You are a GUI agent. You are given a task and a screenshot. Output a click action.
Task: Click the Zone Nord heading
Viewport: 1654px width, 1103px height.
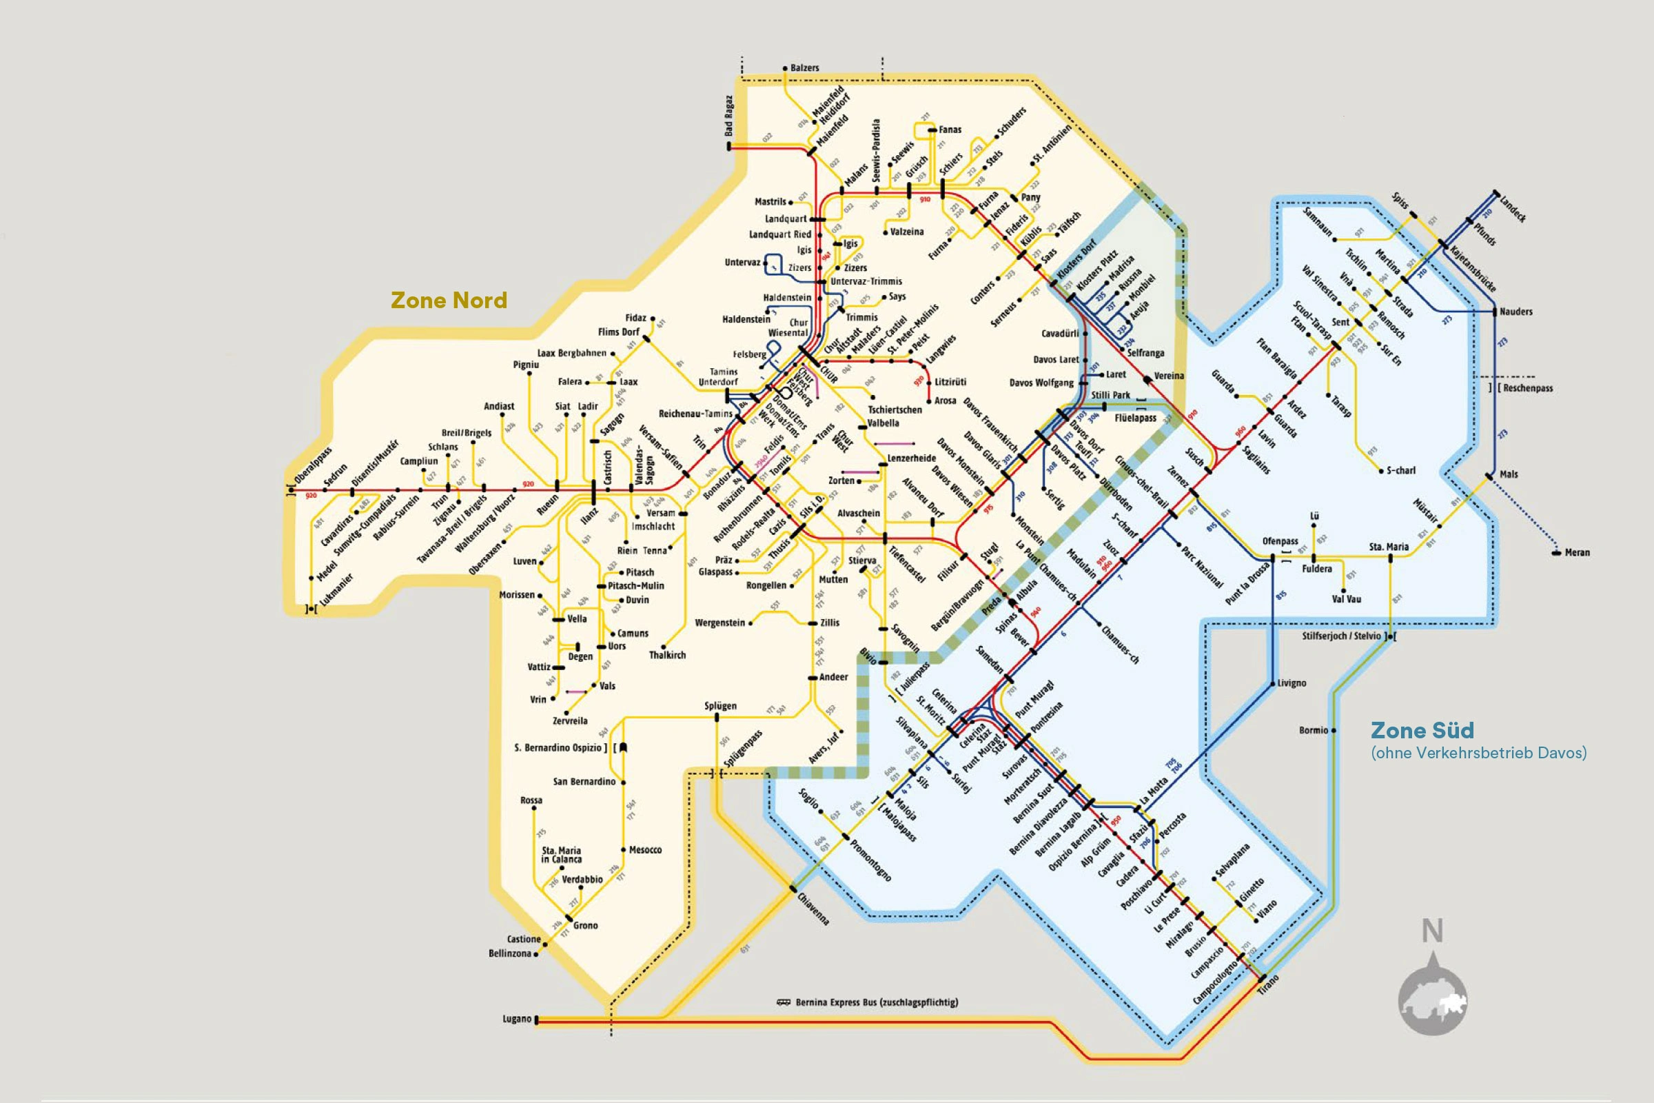(449, 301)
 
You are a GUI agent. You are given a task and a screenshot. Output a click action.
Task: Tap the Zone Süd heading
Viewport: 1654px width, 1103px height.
(1422, 730)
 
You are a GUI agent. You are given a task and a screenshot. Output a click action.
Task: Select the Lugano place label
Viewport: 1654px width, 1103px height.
(517, 1019)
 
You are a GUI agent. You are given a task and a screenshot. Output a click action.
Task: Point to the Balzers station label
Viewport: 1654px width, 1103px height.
(804, 68)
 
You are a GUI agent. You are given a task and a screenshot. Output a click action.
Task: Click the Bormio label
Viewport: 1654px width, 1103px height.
(1313, 730)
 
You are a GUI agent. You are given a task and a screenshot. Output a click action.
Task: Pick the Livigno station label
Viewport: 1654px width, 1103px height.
(1291, 683)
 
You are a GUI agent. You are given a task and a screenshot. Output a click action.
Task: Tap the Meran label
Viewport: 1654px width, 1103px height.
(1577, 552)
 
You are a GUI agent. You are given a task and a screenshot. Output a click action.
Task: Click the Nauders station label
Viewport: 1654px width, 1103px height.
(1515, 312)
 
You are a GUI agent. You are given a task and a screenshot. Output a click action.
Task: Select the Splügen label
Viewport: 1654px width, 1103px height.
(720, 705)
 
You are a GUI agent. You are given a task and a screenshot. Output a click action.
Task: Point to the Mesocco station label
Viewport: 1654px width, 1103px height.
(645, 850)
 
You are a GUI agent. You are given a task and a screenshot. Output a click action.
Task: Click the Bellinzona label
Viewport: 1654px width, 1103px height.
(510, 953)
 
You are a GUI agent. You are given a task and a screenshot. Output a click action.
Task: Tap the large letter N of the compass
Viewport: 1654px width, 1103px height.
(1433, 931)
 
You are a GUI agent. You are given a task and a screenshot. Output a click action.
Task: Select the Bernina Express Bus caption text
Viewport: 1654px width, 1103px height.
(876, 1002)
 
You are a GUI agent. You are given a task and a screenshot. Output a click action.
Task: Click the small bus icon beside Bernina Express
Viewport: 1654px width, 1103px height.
(784, 1002)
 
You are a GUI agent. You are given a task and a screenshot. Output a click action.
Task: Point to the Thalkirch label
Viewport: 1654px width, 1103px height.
(666, 655)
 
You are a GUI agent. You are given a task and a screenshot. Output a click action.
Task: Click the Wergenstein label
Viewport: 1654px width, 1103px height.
(719, 623)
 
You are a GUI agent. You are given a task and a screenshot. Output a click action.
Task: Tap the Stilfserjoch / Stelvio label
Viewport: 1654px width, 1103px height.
(1342, 636)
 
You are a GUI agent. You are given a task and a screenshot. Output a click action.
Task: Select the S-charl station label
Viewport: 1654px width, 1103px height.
(1401, 471)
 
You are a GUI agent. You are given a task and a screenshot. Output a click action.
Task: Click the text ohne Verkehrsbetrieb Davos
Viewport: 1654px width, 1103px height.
(1478, 753)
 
